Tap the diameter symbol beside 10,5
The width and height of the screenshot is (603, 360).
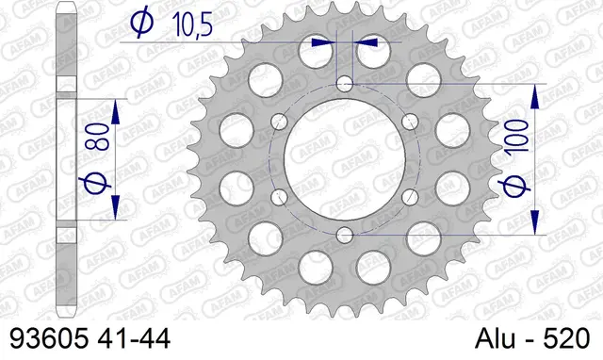click(x=139, y=23)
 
